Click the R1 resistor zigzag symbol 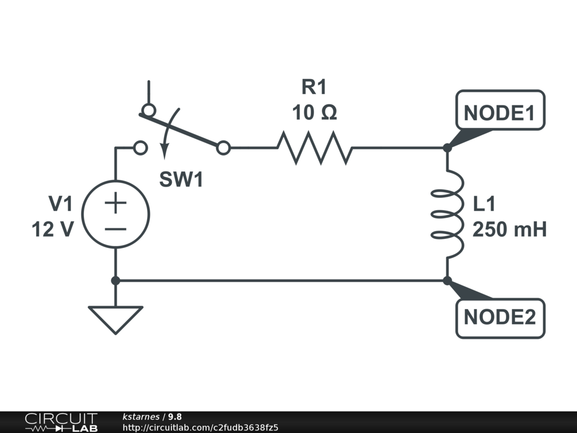[x=314, y=148]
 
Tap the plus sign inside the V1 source [x=116, y=203]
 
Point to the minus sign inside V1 [x=116, y=228]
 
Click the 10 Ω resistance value [x=314, y=113]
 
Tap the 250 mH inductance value [x=509, y=230]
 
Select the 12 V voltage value [x=52, y=230]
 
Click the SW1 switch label [x=181, y=180]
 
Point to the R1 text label [x=314, y=87]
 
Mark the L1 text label [x=484, y=204]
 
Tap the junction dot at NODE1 [x=447, y=148]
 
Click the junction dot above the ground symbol [x=116, y=280]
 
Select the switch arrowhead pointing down [x=165, y=151]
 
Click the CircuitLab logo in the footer [x=60, y=422]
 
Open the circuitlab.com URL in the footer [x=200, y=427]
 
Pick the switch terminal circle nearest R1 [x=223, y=148]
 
